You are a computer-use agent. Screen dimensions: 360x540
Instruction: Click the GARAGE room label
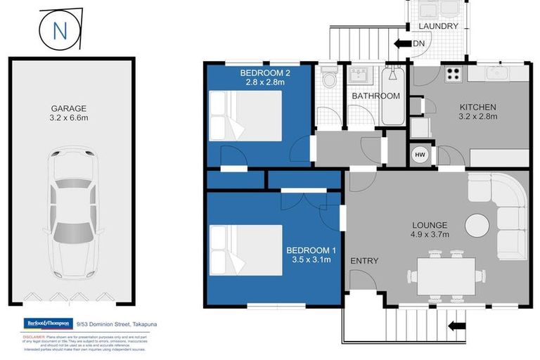tap(68, 108)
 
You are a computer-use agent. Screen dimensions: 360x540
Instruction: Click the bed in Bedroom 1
tap(245, 250)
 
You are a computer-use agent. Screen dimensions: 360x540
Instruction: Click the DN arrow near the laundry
tap(404, 44)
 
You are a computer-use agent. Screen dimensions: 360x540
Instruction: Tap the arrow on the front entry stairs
tap(456, 325)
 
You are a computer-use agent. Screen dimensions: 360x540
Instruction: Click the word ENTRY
tap(364, 261)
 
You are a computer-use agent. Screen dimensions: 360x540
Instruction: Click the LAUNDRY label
tap(438, 26)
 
